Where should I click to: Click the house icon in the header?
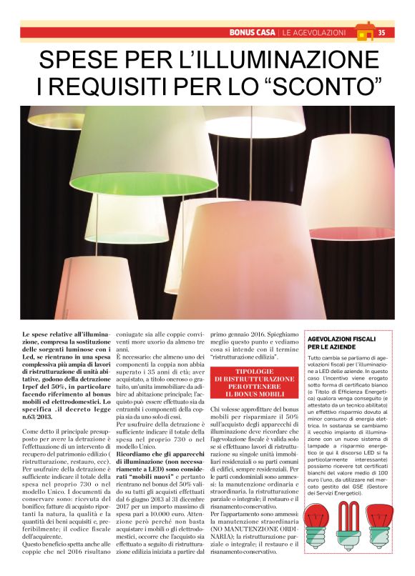[365, 31]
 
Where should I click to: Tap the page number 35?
[382, 32]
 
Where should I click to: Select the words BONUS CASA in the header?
[253, 32]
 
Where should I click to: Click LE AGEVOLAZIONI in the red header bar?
[315, 32]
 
